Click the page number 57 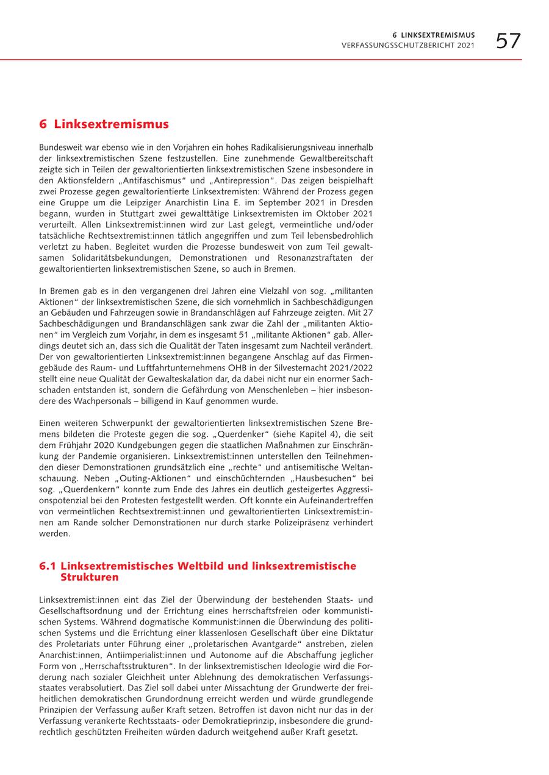click(x=508, y=41)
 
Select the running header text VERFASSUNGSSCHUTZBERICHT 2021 click(x=408, y=46)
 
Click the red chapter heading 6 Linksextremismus click(x=104, y=124)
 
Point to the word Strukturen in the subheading click(x=90, y=576)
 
